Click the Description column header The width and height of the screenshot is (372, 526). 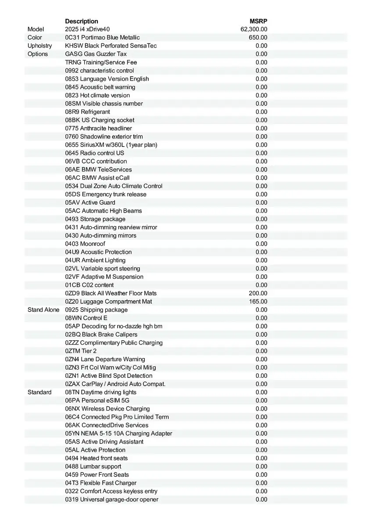coord(82,21)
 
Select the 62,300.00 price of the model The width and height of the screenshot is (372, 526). coord(254,29)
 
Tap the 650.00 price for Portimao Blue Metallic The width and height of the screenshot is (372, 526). coord(258,38)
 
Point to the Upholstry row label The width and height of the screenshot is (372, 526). coord(39,46)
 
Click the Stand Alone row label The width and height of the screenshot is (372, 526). coord(43,310)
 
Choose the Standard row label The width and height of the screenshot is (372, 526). coord(39,392)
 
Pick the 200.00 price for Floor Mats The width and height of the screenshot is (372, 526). coord(258,293)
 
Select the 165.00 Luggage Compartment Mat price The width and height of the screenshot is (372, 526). coord(258,302)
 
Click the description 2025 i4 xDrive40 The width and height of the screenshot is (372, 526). coord(87,29)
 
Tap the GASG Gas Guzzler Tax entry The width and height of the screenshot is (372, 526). coord(96,54)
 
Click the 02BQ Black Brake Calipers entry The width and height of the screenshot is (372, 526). coord(101,334)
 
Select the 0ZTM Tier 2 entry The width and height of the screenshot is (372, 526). coord(81,351)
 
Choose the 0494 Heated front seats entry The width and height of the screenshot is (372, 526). coord(97,458)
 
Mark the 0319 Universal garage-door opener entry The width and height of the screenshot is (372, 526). coord(112,500)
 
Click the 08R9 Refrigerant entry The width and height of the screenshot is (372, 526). coord(87,112)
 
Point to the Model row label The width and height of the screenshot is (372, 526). coord(36,29)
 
